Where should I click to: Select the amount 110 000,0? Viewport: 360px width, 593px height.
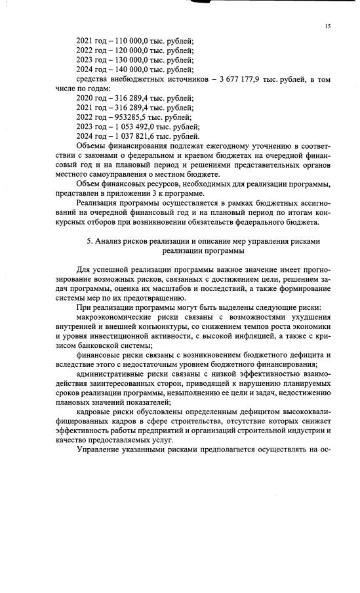tap(130, 41)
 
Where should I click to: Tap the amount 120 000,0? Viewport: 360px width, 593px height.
tap(130, 50)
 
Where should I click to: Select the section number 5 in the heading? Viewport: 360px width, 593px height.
tap(89, 240)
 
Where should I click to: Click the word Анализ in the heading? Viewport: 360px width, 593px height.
tap(109, 240)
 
